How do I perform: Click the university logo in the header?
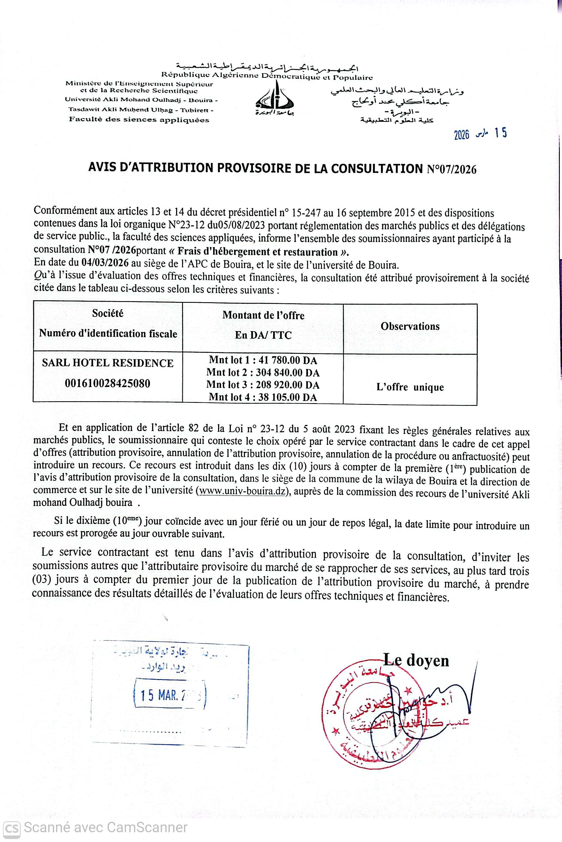276,98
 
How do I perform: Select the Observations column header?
410,326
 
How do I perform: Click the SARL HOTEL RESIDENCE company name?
108,363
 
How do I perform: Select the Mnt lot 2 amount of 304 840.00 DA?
263,373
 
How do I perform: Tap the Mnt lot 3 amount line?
263,385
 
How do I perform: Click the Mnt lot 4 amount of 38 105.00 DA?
263,397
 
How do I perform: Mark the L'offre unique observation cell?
410,387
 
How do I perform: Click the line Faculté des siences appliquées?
139,120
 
